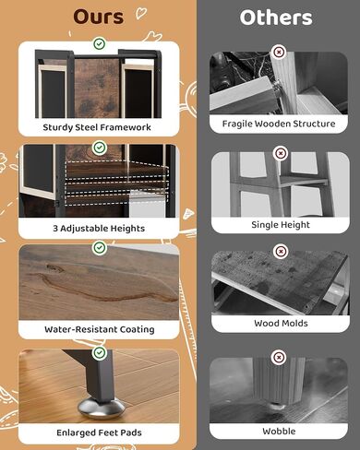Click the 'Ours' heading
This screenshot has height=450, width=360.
(x=99, y=17)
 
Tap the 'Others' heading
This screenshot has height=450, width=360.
(x=276, y=18)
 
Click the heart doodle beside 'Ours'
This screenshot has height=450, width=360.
(x=141, y=13)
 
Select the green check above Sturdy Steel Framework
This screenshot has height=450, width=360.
(x=99, y=43)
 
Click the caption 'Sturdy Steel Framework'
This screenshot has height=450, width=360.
(x=97, y=127)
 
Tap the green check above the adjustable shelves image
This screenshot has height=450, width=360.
(x=99, y=148)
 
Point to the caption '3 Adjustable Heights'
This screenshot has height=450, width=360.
(x=99, y=229)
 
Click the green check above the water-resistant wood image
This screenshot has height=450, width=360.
(x=99, y=247)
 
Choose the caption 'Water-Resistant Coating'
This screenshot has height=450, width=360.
(x=100, y=329)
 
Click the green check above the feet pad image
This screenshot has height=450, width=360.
(x=99, y=352)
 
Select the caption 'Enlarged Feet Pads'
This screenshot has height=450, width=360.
(x=99, y=432)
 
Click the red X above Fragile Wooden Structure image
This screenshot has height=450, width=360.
(x=279, y=52)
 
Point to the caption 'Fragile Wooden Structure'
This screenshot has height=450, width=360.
(x=279, y=124)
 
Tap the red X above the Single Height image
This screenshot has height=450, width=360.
(x=280, y=153)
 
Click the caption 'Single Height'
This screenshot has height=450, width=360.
(x=281, y=225)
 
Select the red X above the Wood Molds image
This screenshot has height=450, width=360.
(x=281, y=252)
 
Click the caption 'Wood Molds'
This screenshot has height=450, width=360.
(x=281, y=323)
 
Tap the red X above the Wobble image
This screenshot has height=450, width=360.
(x=279, y=358)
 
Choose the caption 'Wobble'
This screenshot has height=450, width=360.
(x=279, y=432)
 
